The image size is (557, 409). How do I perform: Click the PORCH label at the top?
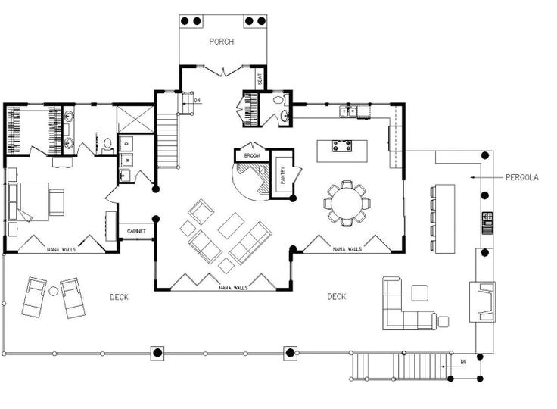pyautogui.click(x=222, y=42)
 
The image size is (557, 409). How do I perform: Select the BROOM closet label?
pyautogui.click(x=252, y=155)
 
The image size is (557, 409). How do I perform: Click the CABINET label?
pyautogui.click(x=136, y=230)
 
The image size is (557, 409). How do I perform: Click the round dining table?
pyautogui.click(x=347, y=202)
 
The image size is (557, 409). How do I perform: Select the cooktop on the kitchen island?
pyautogui.click(x=342, y=145)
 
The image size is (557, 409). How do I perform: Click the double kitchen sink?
pyautogui.click(x=349, y=112)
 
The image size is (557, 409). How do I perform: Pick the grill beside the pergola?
pyautogui.click(x=486, y=223)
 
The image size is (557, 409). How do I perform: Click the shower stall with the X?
pyautogui.click(x=131, y=119)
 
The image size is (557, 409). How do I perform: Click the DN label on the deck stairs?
pyautogui.click(x=463, y=362)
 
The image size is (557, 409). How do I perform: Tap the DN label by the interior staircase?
pyautogui.click(x=197, y=100)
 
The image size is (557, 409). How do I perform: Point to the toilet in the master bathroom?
pyautogui.click(x=107, y=142)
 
